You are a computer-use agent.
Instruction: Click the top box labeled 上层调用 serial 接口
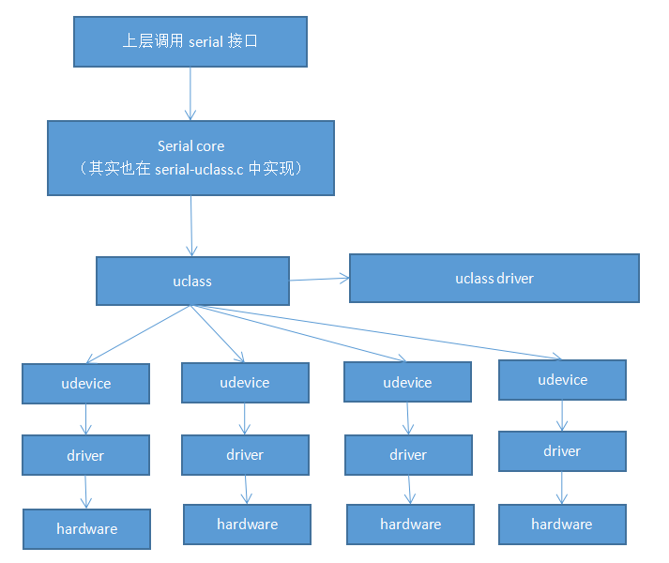click(x=190, y=42)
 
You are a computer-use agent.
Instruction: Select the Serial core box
click(x=190, y=157)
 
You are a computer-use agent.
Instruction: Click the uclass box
click(x=192, y=281)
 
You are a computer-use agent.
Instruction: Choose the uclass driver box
click(x=494, y=278)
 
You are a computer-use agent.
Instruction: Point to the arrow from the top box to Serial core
click(x=190, y=94)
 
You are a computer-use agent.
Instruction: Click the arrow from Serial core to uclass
click(x=191, y=225)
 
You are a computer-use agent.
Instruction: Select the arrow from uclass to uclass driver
click(x=319, y=279)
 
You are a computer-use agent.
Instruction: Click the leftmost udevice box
click(x=85, y=384)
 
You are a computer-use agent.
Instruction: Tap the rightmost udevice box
click(x=562, y=380)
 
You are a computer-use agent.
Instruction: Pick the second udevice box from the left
click(x=245, y=383)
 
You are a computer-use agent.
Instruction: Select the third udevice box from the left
click(x=407, y=383)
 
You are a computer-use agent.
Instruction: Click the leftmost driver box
click(x=85, y=456)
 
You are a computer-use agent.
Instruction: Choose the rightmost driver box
click(x=562, y=451)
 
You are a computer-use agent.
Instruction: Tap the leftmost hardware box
click(x=86, y=529)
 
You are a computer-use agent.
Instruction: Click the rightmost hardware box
click(x=562, y=525)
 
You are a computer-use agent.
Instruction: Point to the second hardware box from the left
click(x=247, y=524)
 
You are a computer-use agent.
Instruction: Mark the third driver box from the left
click(x=408, y=455)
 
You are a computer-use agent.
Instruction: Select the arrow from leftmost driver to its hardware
click(x=86, y=492)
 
